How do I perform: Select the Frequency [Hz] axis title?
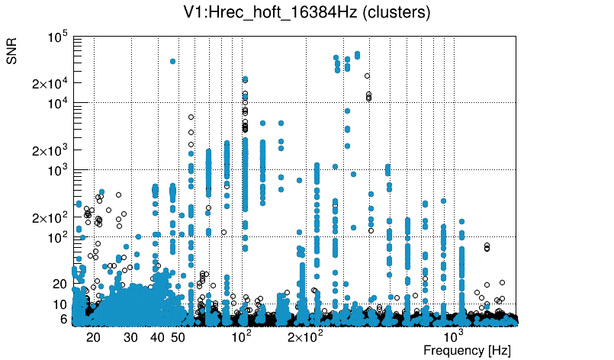[467, 350]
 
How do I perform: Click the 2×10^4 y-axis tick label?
[50, 83]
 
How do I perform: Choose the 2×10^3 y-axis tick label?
[50, 150]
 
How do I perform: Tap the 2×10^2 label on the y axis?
[50, 217]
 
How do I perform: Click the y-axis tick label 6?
[63, 319]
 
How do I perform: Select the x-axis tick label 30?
[130, 336]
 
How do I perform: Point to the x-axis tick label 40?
[157, 336]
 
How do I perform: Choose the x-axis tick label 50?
[178, 336]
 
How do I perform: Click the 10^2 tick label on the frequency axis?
[242, 336]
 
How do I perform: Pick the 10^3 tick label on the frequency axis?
[454, 336]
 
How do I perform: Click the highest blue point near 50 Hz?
[173, 61]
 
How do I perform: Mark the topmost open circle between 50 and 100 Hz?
[191, 117]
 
